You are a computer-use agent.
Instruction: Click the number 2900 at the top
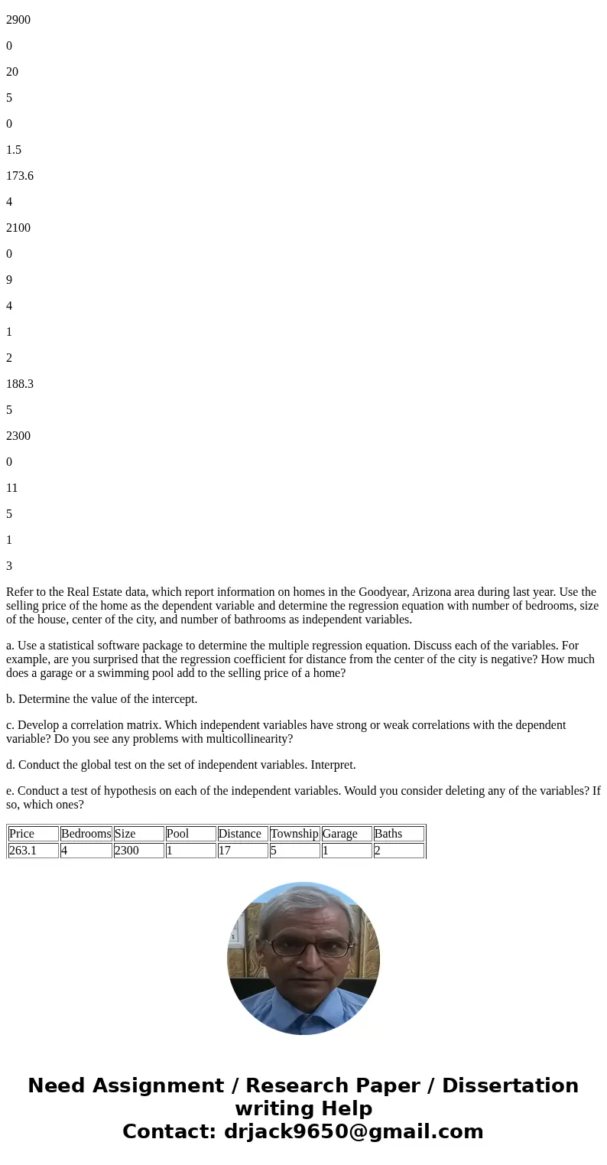[18, 20]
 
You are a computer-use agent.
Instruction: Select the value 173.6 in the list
[20, 176]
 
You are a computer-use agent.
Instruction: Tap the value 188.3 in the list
[20, 384]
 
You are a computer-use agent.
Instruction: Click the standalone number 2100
[18, 228]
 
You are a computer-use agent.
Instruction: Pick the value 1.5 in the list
[14, 150]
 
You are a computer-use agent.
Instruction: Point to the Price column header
[22, 834]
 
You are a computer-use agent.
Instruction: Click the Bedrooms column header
[86, 834]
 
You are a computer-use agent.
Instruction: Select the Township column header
[294, 834]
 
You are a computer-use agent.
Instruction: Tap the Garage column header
[340, 834]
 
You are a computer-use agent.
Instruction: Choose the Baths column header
[388, 834]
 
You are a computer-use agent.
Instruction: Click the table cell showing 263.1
[22, 851]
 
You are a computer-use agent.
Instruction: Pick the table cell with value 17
[225, 851]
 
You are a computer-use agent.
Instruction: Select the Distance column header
[240, 834]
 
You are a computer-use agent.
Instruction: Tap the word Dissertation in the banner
[510, 1085]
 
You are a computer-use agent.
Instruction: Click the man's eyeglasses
[303, 946]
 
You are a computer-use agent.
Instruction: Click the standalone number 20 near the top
[12, 72]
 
